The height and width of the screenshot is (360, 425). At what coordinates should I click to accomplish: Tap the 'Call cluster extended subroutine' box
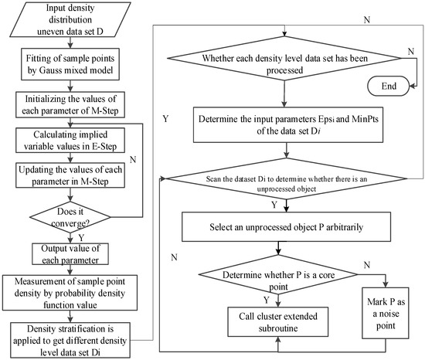tap(276, 318)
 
